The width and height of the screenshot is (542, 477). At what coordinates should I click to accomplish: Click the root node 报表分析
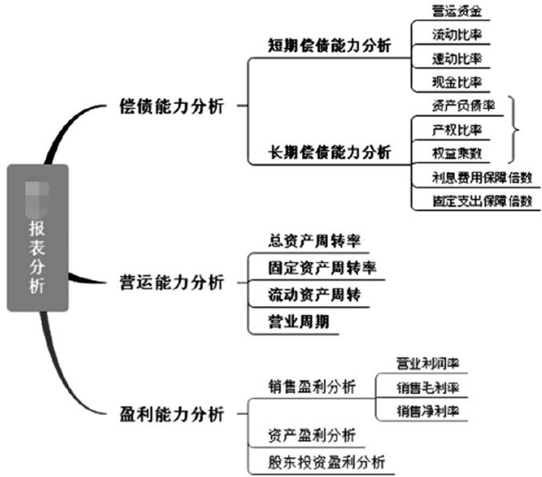(38, 238)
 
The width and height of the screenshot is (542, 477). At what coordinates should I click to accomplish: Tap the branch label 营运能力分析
(171, 280)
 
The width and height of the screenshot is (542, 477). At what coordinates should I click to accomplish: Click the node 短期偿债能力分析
(329, 46)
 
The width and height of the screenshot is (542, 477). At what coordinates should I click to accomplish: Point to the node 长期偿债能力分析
(329, 152)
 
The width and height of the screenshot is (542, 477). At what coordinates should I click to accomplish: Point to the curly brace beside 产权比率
(515, 129)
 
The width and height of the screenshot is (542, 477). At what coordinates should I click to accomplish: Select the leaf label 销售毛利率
(428, 388)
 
